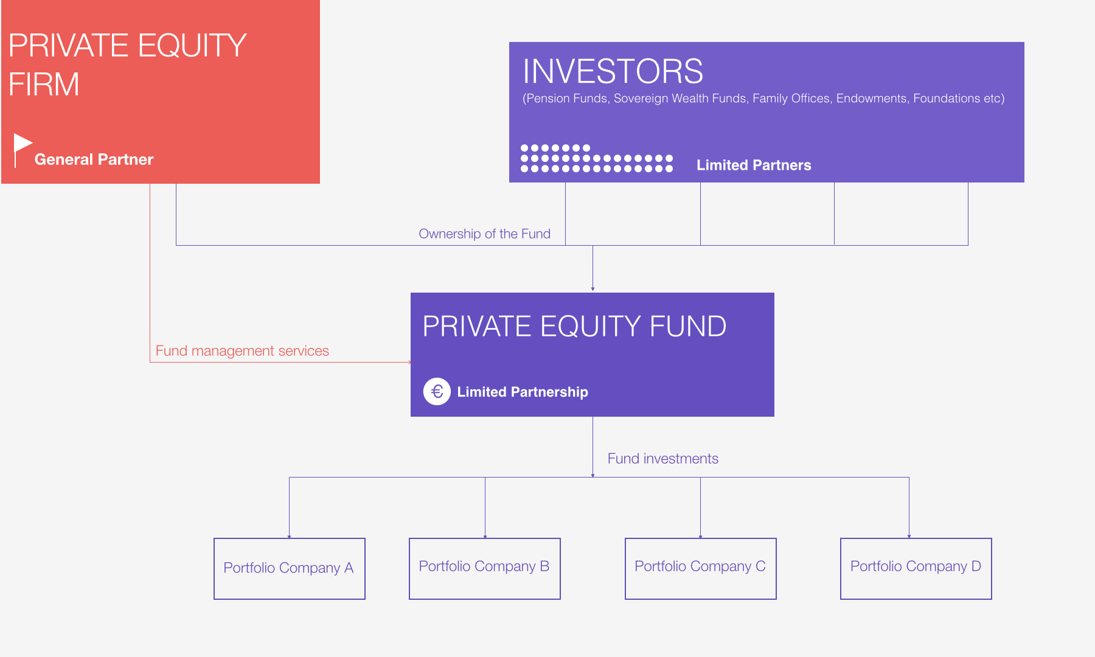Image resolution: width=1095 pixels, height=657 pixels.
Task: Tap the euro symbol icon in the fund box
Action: coord(437,391)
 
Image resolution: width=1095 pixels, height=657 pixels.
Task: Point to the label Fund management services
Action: coord(242,351)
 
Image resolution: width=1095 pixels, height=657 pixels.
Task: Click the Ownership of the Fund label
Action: coord(484,234)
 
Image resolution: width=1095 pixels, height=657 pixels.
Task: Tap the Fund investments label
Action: coord(663,459)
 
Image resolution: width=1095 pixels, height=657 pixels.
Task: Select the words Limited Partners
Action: coord(754,165)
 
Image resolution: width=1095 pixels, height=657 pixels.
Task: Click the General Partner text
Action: coord(94,159)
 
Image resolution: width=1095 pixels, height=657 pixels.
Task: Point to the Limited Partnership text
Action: coord(523,392)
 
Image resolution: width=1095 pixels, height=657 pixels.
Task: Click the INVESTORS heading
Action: coord(613,71)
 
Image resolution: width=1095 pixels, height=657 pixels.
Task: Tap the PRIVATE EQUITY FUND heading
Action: coord(574,326)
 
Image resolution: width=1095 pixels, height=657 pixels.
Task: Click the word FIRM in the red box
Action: coord(44,84)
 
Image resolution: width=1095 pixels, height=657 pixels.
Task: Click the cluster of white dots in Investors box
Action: coord(597,158)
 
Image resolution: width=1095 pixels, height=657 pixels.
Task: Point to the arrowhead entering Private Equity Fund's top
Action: coord(593,289)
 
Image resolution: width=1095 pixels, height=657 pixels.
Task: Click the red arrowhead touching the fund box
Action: coord(409,362)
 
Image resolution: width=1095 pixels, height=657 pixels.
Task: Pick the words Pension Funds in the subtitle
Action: coord(566,99)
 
